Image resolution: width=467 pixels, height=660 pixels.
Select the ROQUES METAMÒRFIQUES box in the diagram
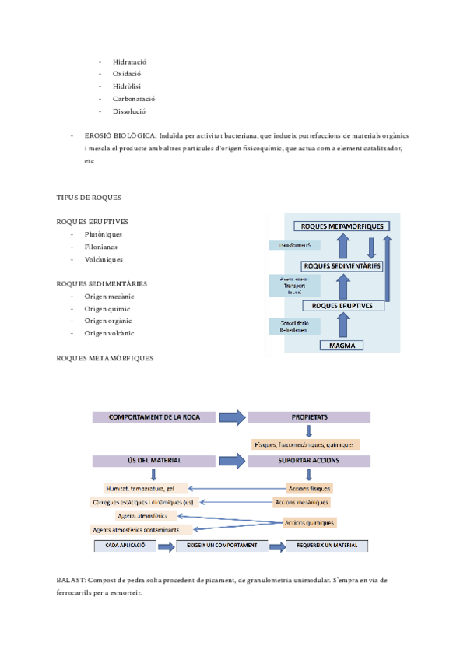pyautogui.click(x=342, y=226)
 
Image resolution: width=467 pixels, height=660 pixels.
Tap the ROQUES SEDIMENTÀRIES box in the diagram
pyautogui.click(x=342, y=266)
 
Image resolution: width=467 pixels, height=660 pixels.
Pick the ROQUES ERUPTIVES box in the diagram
pyautogui.click(x=342, y=306)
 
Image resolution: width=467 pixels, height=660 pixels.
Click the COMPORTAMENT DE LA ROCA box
pyautogui.click(x=154, y=417)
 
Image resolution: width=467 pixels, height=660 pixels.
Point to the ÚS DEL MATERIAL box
pyautogui.click(x=154, y=461)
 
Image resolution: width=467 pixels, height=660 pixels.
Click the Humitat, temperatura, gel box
pyautogui.click(x=146, y=489)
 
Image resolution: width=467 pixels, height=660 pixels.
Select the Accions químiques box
pyautogui.click(x=310, y=522)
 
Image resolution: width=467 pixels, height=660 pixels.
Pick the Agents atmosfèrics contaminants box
pyautogui.click(x=142, y=529)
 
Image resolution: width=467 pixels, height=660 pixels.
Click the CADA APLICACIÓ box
pyautogui.click(x=125, y=546)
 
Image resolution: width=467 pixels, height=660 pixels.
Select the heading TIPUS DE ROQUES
pyautogui.click(x=89, y=198)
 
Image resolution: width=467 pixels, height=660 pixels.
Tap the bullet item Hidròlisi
pyautogui.click(x=127, y=86)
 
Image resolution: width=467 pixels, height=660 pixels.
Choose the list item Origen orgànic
pyautogui.click(x=108, y=321)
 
